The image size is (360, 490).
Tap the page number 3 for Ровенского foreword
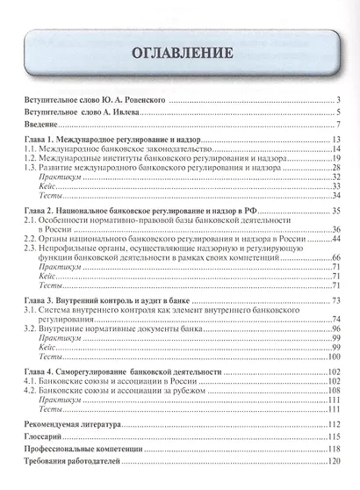[x=337, y=101]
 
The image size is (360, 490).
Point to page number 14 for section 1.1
[x=335, y=154]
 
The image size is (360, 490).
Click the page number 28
[x=335, y=165]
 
